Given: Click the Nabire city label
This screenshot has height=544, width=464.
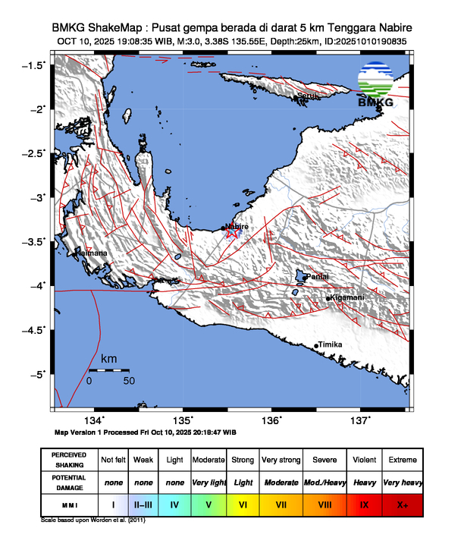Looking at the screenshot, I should (x=237, y=226).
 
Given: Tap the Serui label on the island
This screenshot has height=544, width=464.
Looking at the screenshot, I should (x=307, y=96).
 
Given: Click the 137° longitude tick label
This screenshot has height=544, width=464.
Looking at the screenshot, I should (x=360, y=421).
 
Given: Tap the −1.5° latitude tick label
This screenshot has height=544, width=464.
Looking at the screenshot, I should (x=33, y=65).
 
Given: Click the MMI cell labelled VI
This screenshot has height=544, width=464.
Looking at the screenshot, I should (x=243, y=503).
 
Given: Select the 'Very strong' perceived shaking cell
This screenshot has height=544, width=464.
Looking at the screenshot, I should (x=281, y=460).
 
